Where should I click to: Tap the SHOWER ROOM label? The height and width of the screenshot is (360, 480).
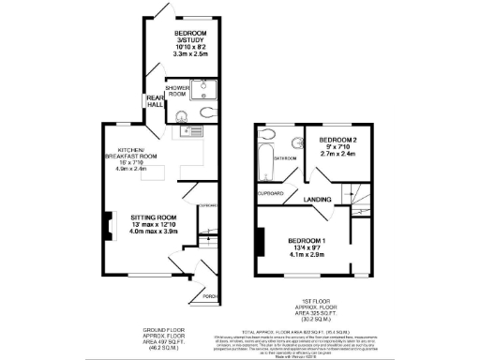tap(178, 92)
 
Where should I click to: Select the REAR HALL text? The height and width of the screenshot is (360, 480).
tap(153, 102)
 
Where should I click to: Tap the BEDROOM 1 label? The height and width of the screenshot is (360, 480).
tap(307, 241)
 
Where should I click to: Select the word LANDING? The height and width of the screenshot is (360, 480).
tap(317, 201)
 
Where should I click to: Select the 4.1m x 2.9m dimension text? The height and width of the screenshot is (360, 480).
tap(307, 256)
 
